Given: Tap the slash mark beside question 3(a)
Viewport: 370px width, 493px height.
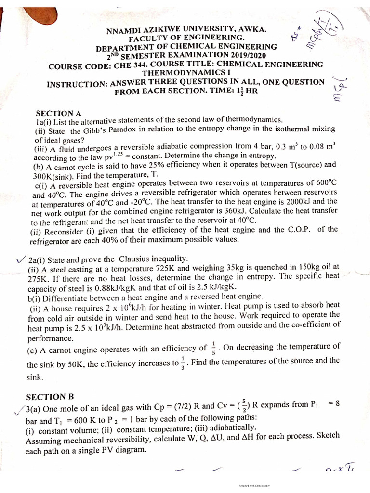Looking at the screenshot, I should point(19,410).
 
